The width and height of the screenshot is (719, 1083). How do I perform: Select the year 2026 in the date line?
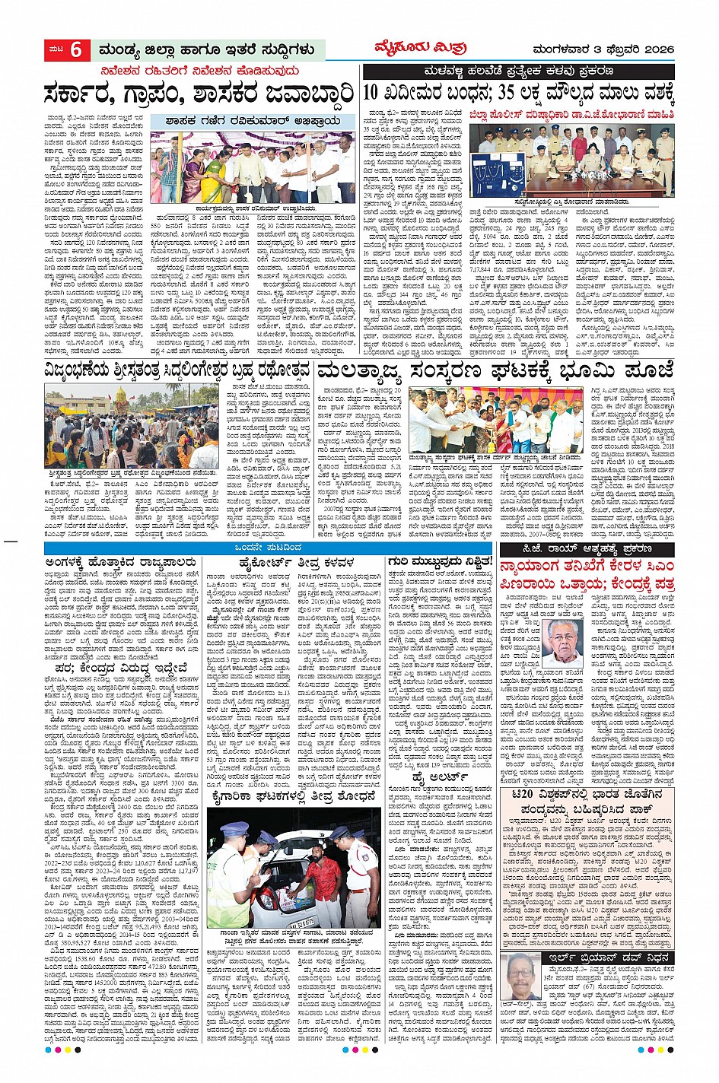click(x=656, y=50)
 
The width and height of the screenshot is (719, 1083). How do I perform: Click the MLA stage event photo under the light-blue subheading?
click(x=252, y=167)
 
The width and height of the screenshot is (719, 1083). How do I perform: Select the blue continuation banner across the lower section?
click(x=269, y=548)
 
